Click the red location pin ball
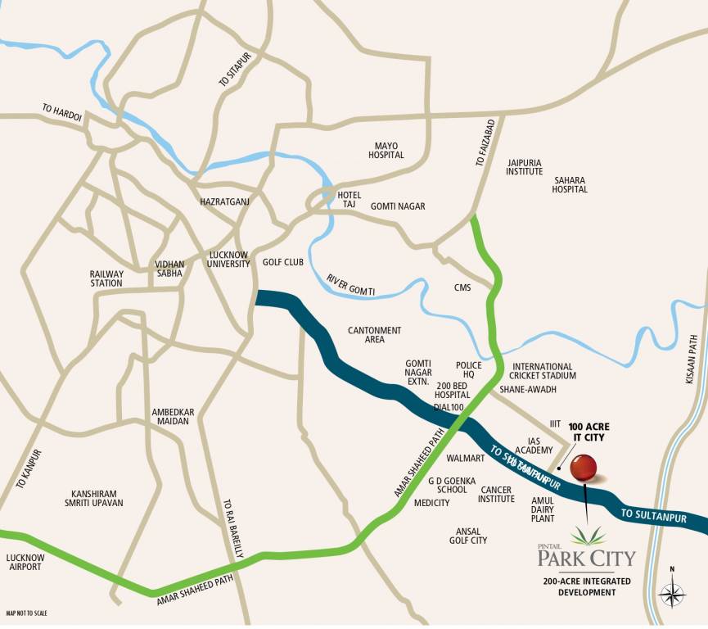(x=583, y=468)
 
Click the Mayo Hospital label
(x=386, y=150)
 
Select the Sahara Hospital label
(x=570, y=184)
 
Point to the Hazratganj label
(x=223, y=201)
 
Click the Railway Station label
(x=106, y=278)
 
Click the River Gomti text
(x=350, y=285)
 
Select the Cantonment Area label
(x=374, y=334)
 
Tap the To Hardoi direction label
(x=62, y=112)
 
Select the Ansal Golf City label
(x=467, y=536)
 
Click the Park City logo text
(x=586, y=559)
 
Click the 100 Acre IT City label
(x=590, y=432)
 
